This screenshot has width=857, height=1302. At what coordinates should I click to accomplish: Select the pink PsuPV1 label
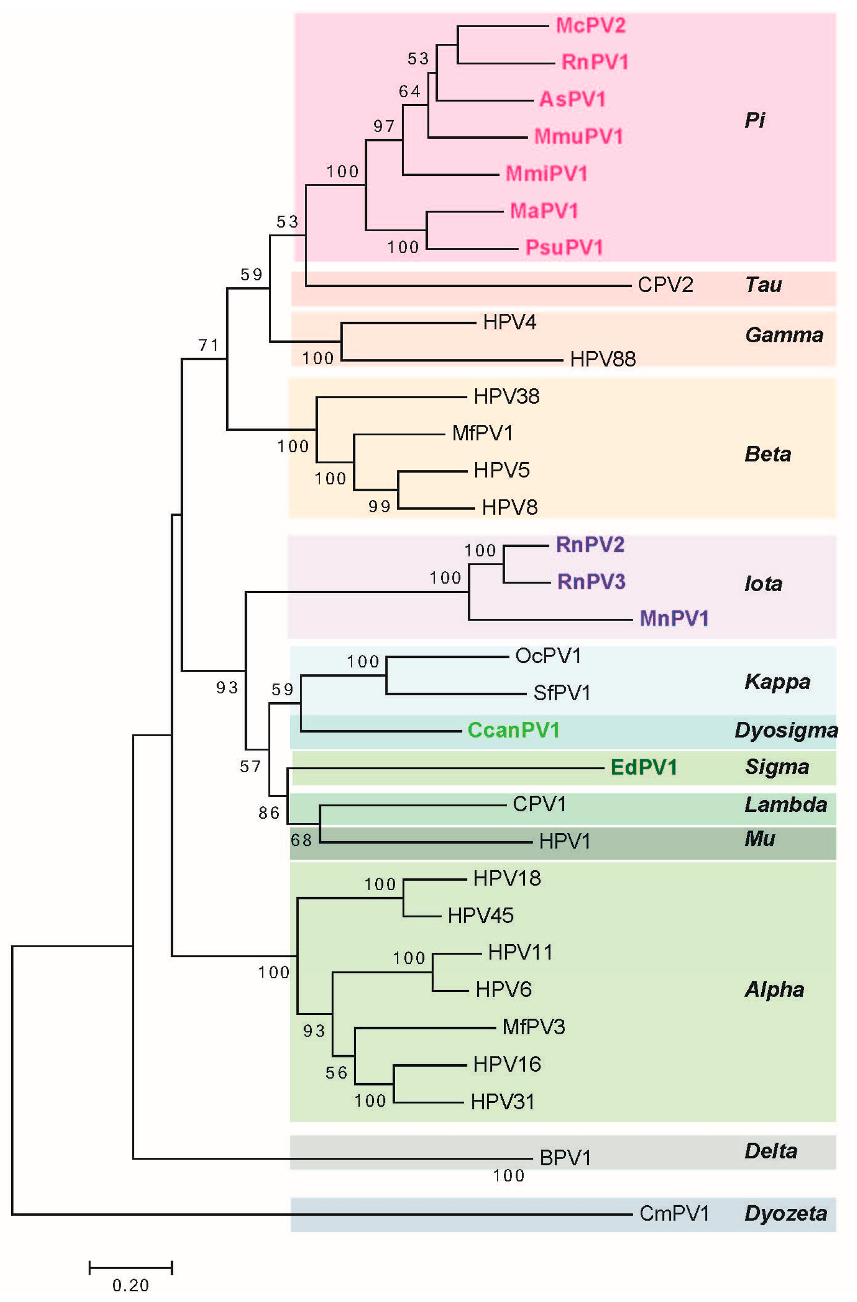(564, 247)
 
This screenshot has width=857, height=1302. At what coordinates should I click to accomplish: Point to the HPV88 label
(603, 359)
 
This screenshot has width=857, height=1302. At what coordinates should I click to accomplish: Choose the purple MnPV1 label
(674, 618)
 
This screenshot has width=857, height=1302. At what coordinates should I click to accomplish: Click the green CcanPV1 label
(513, 730)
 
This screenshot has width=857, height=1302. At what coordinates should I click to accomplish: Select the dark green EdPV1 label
(643, 767)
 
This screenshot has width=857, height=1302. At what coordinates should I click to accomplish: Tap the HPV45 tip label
(480, 915)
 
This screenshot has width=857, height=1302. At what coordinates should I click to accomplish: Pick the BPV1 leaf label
(565, 1158)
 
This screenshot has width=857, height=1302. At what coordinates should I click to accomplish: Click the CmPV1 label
(674, 1214)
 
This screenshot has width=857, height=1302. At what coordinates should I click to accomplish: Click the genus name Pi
(755, 120)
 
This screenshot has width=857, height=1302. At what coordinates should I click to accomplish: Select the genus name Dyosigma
(786, 730)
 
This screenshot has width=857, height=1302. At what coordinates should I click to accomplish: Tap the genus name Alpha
(774, 989)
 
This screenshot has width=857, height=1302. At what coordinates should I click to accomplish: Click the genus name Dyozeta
(785, 1214)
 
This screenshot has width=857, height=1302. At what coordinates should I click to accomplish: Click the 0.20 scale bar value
(130, 1285)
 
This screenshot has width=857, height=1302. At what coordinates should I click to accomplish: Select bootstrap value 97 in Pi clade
(384, 126)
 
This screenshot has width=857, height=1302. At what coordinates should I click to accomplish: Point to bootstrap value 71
(208, 345)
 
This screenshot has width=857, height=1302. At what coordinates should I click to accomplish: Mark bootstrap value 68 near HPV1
(301, 840)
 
